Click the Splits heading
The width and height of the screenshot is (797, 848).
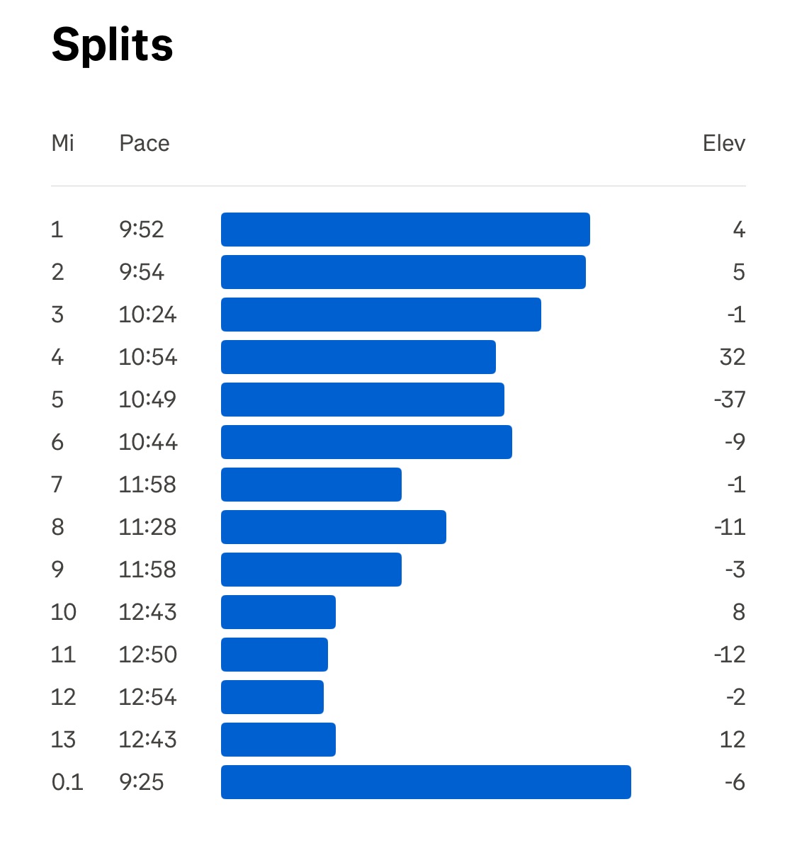coord(113,45)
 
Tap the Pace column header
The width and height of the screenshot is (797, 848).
coord(145,143)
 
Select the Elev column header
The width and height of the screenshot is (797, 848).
coord(723,143)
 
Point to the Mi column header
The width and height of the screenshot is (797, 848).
coord(62,143)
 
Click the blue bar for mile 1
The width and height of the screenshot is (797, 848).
coord(405,230)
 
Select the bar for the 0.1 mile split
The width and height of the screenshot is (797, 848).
coord(426,782)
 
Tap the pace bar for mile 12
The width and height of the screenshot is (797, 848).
coord(272,697)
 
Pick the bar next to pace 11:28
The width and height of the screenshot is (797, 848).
coord(334,527)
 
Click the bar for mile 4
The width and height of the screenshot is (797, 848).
coord(358,357)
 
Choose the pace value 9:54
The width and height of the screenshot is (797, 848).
coord(142,272)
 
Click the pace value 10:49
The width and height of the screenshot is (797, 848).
coord(147,400)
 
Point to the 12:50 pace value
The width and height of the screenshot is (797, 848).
coord(147,655)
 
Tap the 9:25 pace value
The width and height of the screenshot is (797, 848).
coord(142,782)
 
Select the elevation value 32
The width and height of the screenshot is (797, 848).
coord(732,357)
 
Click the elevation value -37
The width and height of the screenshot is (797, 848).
coord(729,400)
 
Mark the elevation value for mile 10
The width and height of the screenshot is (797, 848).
coord(738,612)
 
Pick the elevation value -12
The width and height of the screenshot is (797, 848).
coord(729,655)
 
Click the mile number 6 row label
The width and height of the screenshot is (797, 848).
coord(57,442)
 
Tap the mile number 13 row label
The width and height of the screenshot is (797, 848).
coord(63,740)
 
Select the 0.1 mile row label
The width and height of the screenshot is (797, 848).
coord(67,782)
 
